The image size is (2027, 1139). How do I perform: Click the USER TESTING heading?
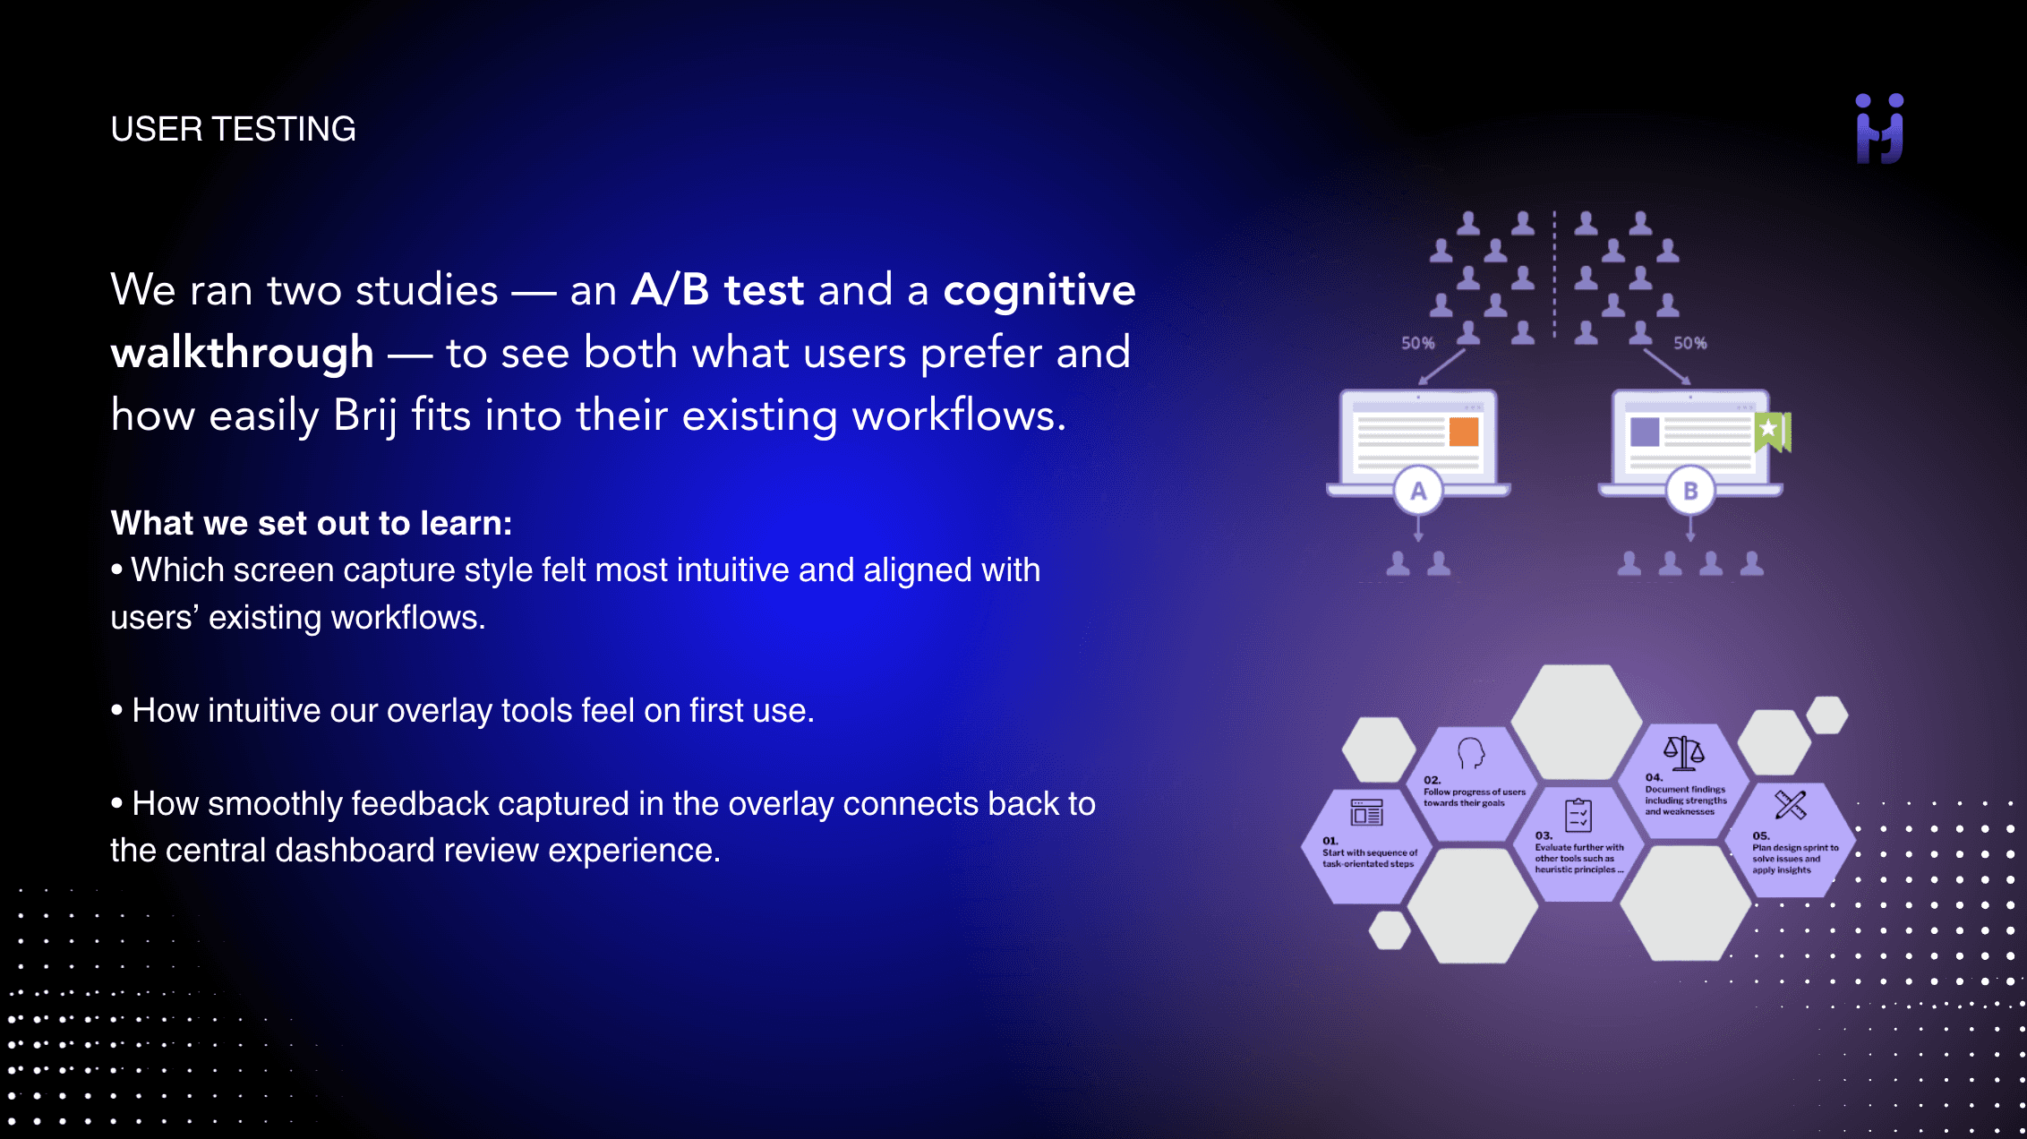(233, 130)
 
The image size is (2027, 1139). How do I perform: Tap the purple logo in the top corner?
(1879, 130)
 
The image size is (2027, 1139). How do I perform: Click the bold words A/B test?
(717, 290)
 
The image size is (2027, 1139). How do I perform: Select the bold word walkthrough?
(242, 353)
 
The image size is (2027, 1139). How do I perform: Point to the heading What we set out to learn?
(311, 523)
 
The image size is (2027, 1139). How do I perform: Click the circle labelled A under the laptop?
(1418, 491)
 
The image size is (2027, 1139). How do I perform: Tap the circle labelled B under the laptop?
(1690, 491)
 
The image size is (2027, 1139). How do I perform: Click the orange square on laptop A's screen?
(1463, 432)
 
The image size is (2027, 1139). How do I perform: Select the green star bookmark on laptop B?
(1771, 431)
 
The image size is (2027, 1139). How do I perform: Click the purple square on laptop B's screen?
(1645, 432)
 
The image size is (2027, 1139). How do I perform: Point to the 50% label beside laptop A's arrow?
(1417, 343)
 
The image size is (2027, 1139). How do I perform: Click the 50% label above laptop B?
(1689, 343)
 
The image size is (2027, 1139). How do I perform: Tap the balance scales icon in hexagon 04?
(1683, 752)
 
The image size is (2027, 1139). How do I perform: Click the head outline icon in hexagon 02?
(1470, 753)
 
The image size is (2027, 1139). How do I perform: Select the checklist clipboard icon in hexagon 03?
(1578, 815)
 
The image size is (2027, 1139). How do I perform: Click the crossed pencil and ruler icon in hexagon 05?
(1790, 805)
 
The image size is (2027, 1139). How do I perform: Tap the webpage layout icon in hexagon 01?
(1366, 813)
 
